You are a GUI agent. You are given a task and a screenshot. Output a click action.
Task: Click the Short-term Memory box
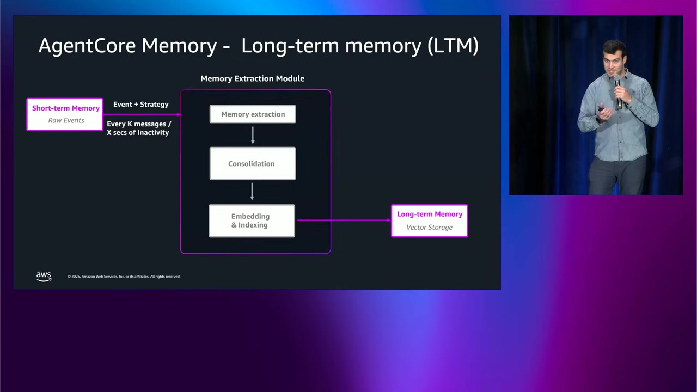pos(65,114)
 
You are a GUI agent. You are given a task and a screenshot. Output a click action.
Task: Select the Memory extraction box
pos(253,114)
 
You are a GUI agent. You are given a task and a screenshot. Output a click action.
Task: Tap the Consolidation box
pos(252,163)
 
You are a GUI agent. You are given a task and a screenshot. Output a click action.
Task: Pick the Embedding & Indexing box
pos(252,220)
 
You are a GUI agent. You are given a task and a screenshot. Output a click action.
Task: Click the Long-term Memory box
pos(429,220)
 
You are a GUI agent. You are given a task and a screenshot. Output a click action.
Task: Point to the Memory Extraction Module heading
pos(252,78)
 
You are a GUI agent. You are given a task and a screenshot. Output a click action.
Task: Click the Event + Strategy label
pos(140,104)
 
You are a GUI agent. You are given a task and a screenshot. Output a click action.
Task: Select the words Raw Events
pos(66,120)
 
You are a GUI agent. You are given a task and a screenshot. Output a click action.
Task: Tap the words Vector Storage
pos(429,227)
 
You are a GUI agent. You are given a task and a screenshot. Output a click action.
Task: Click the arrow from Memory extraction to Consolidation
pos(253,135)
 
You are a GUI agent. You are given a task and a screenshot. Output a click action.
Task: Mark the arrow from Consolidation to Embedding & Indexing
pos(252,192)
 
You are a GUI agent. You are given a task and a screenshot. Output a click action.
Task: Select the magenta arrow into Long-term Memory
pos(343,220)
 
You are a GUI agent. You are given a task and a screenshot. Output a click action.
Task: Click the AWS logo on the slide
pos(44,276)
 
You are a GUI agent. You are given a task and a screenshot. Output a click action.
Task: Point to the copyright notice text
pos(124,277)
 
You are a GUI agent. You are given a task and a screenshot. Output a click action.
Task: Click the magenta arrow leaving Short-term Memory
pos(142,114)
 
